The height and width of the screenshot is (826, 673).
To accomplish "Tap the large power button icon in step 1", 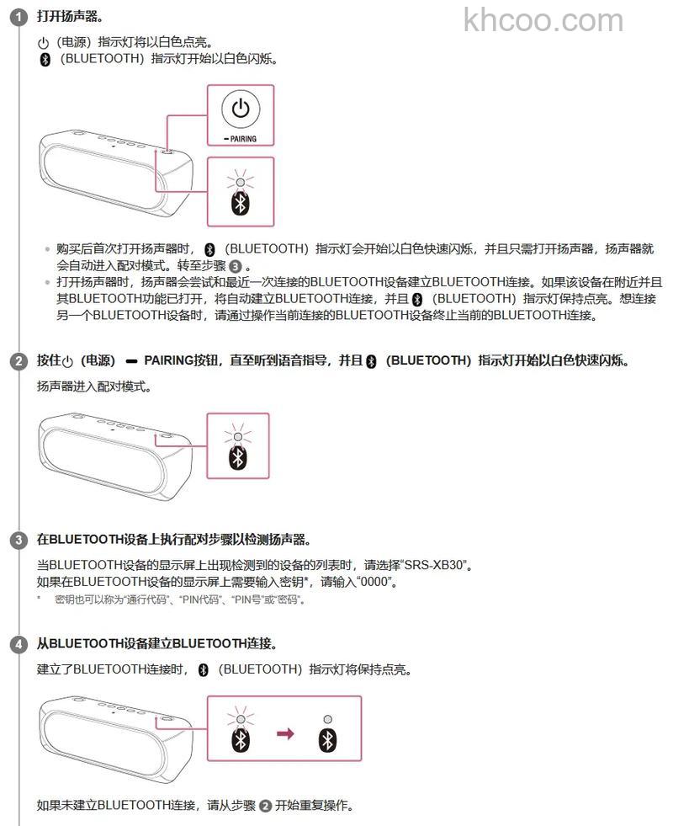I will point(241,109).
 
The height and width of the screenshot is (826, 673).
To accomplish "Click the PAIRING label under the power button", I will point(241,139).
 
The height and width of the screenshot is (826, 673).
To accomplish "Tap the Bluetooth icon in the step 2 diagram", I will point(239,456).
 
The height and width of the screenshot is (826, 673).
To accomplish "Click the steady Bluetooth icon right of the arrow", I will point(327,739).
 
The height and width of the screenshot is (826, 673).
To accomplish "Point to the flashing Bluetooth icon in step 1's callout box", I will point(241,203).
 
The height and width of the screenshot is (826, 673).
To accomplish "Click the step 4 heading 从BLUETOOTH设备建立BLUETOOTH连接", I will point(156,644).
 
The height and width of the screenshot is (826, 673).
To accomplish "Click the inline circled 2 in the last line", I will point(265,806).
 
